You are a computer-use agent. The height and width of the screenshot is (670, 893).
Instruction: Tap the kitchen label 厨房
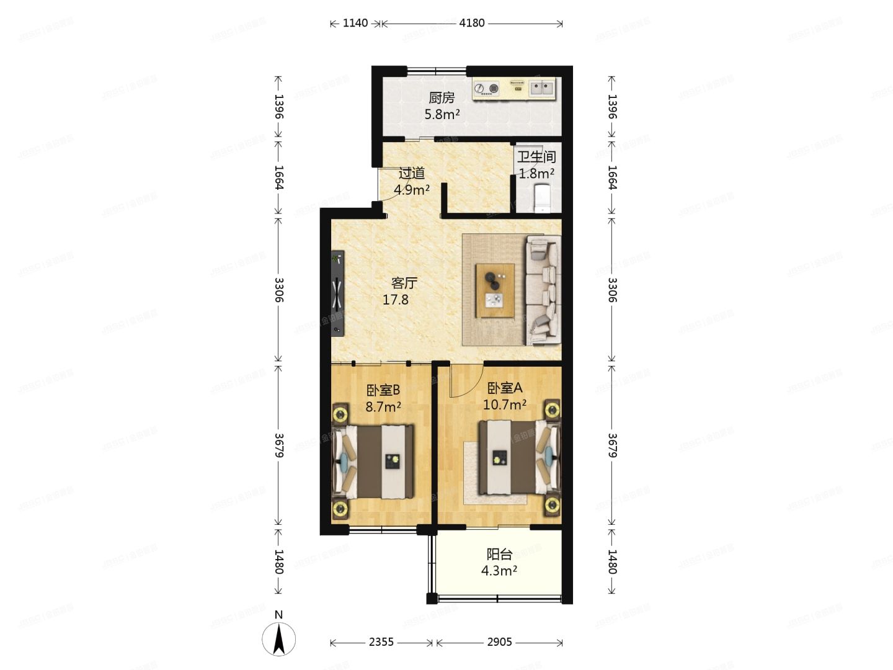tap(442, 97)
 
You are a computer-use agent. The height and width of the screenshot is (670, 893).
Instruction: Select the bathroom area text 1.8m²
tap(536, 173)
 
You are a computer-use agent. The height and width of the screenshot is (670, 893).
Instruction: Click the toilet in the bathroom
tap(543, 197)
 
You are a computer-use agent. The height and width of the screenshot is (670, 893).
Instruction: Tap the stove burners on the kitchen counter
tap(486, 89)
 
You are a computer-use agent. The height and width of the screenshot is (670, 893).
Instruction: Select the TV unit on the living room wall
tap(337, 293)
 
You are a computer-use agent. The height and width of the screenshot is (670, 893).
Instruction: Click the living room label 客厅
tap(404, 283)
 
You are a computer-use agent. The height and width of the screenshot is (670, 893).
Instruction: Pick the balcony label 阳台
tap(499, 554)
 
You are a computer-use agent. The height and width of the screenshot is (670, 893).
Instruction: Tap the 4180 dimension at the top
tap(471, 23)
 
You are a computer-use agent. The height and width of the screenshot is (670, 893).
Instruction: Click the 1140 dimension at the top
tap(355, 23)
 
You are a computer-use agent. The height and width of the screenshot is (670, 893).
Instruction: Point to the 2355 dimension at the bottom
tap(381, 642)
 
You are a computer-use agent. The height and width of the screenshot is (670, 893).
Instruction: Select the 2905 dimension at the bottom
tap(499, 642)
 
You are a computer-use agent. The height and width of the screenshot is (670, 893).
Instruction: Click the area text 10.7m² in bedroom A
tap(505, 404)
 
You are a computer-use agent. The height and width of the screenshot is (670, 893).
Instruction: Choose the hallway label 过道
tap(412, 173)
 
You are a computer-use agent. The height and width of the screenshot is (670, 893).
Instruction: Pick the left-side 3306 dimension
tap(278, 290)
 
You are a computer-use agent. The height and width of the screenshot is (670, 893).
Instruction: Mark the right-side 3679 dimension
tap(612, 445)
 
